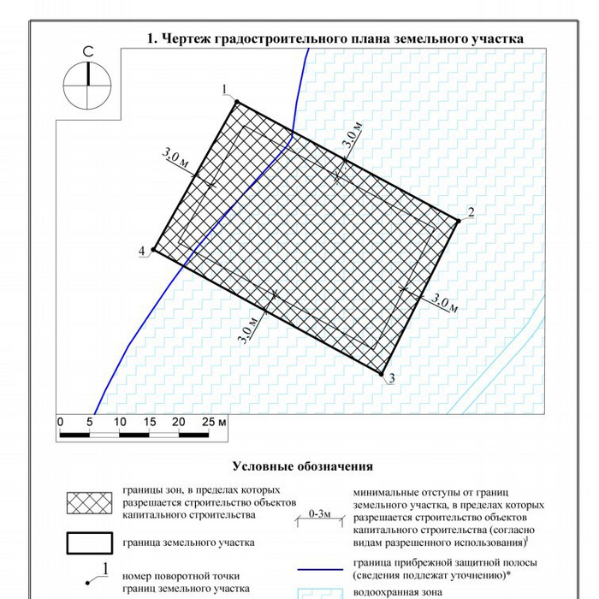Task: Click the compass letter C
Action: (x=88, y=53)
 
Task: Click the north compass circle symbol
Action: (x=88, y=85)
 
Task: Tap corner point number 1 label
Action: (x=224, y=90)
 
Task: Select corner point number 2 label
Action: (x=471, y=212)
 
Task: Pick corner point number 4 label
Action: (x=141, y=250)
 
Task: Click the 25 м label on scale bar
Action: (x=214, y=422)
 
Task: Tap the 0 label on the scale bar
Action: (x=60, y=422)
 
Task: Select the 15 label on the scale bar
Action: (x=149, y=422)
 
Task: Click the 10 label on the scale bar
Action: (x=119, y=422)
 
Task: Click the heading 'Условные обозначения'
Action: (x=303, y=466)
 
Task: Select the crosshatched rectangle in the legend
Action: (x=89, y=503)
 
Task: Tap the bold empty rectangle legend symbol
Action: (x=89, y=543)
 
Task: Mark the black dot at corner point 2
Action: (x=459, y=221)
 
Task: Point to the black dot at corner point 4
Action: (x=153, y=250)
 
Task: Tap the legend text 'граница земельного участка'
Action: (x=188, y=543)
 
